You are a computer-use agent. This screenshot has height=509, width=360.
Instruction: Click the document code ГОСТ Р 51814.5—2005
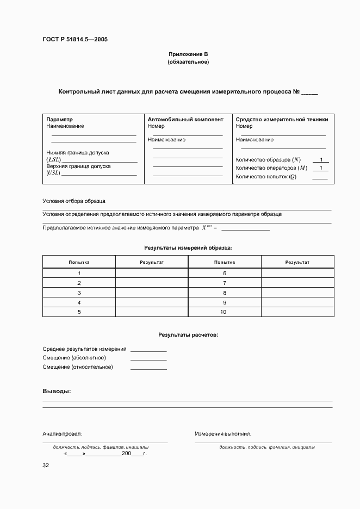pyautogui.click(x=78, y=39)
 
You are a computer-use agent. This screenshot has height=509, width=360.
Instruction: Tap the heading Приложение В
pyautogui.click(x=188, y=54)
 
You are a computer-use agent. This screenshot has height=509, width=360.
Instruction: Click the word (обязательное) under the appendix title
pyautogui.click(x=188, y=62)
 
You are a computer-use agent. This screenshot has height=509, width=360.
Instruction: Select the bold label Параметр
pyautogui.click(x=59, y=119)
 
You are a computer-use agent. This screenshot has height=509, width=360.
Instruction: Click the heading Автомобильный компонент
pyautogui.click(x=185, y=119)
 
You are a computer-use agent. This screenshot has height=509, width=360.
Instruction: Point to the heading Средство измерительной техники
pyautogui.click(x=282, y=119)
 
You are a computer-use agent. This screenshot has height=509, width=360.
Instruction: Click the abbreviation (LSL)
pyautogui.click(x=53, y=160)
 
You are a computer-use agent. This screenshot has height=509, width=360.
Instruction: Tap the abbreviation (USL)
pyautogui.click(x=53, y=173)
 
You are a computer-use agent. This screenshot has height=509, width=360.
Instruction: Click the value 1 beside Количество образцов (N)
pyautogui.click(x=321, y=159)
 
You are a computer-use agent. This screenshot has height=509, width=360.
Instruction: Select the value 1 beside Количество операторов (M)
pyautogui.click(x=321, y=168)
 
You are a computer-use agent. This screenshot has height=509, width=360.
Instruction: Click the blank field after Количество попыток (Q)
pyautogui.click(x=320, y=177)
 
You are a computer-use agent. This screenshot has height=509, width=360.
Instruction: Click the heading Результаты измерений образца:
pyautogui.click(x=188, y=247)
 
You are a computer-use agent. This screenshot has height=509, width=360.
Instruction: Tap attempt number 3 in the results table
pyautogui.click(x=79, y=293)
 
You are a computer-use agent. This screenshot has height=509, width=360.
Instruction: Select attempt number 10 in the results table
pyautogui.click(x=224, y=312)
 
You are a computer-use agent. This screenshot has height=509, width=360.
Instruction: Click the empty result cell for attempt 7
pyautogui.click(x=297, y=283)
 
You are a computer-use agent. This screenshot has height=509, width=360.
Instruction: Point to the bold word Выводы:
pyautogui.click(x=57, y=392)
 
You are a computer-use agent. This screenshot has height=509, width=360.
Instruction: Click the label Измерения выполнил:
pyautogui.click(x=223, y=434)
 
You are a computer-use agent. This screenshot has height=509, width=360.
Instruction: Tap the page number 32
pyautogui.click(x=46, y=465)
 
